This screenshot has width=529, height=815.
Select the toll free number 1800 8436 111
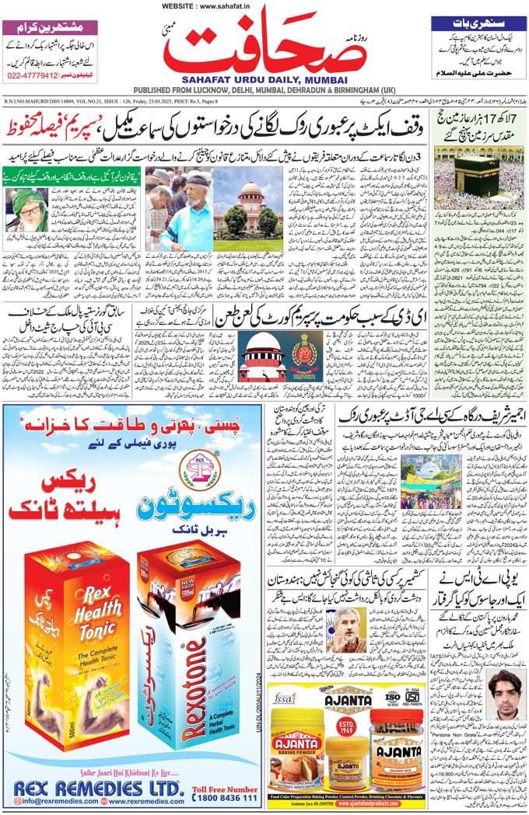[x=224, y=798]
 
